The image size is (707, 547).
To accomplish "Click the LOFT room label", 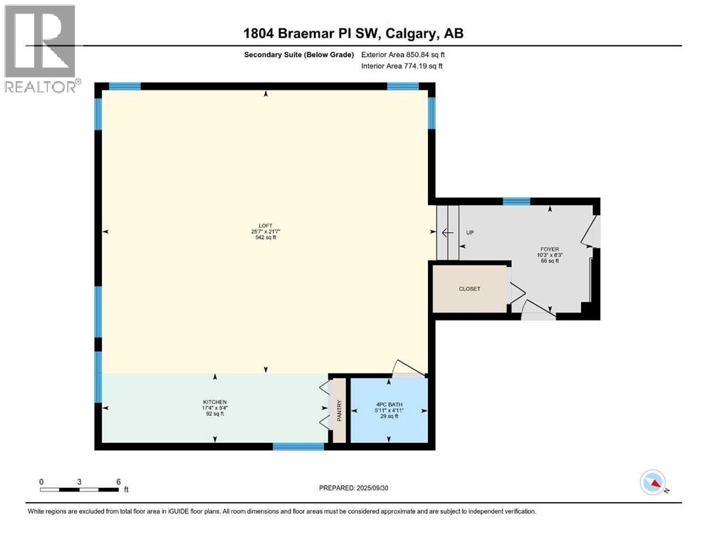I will click(266, 225).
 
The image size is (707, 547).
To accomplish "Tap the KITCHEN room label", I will click(214, 402).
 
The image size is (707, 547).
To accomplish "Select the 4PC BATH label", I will click(389, 405).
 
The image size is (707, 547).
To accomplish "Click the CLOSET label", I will click(469, 288).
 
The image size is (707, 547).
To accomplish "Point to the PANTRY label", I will click(340, 412).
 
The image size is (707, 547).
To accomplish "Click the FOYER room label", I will click(548, 249).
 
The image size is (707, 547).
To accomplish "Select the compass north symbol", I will click(653, 483).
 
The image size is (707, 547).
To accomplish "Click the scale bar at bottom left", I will click(80, 489).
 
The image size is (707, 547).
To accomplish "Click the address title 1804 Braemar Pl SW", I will click(353, 33).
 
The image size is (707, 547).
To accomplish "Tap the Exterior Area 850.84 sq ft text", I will click(404, 54).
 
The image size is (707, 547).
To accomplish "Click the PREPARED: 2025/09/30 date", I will click(353, 488).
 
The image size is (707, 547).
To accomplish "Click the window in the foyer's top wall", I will click(516, 202).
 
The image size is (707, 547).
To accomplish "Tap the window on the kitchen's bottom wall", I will click(298, 447).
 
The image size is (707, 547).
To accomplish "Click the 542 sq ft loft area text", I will click(266, 237).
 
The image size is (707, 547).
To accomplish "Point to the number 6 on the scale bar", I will click(118, 481).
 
